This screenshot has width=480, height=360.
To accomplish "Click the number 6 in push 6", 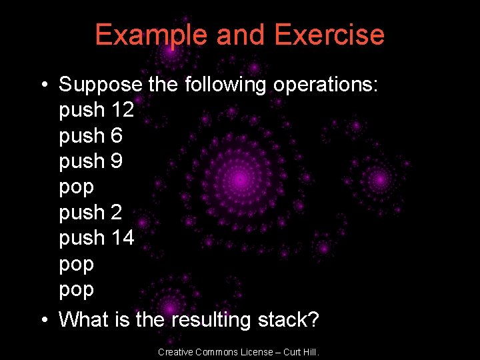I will (x=117, y=136).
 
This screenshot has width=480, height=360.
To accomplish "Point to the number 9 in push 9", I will (x=117, y=161).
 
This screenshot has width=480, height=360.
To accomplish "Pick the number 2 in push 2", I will (x=117, y=213).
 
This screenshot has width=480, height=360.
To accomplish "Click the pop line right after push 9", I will (x=76, y=188).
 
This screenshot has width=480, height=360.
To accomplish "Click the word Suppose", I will (x=101, y=85).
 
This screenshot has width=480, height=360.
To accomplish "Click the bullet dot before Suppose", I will (x=43, y=85).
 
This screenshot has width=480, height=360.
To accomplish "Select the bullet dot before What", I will (x=43, y=320).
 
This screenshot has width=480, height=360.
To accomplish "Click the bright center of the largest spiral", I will (x=241, y=178).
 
